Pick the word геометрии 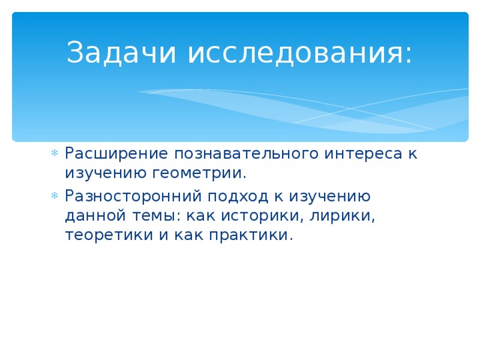click(197, 174)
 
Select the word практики click(254, 236)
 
